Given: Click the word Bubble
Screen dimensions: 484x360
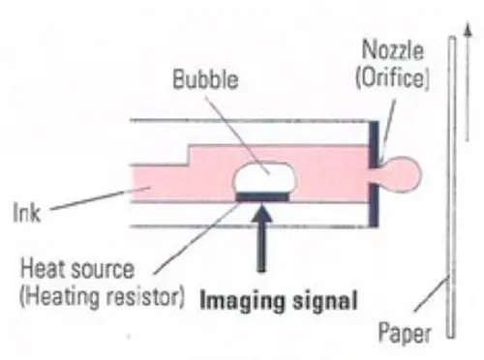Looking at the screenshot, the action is [205, 79].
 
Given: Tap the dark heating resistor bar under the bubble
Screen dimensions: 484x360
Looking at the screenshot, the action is [264, 196].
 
